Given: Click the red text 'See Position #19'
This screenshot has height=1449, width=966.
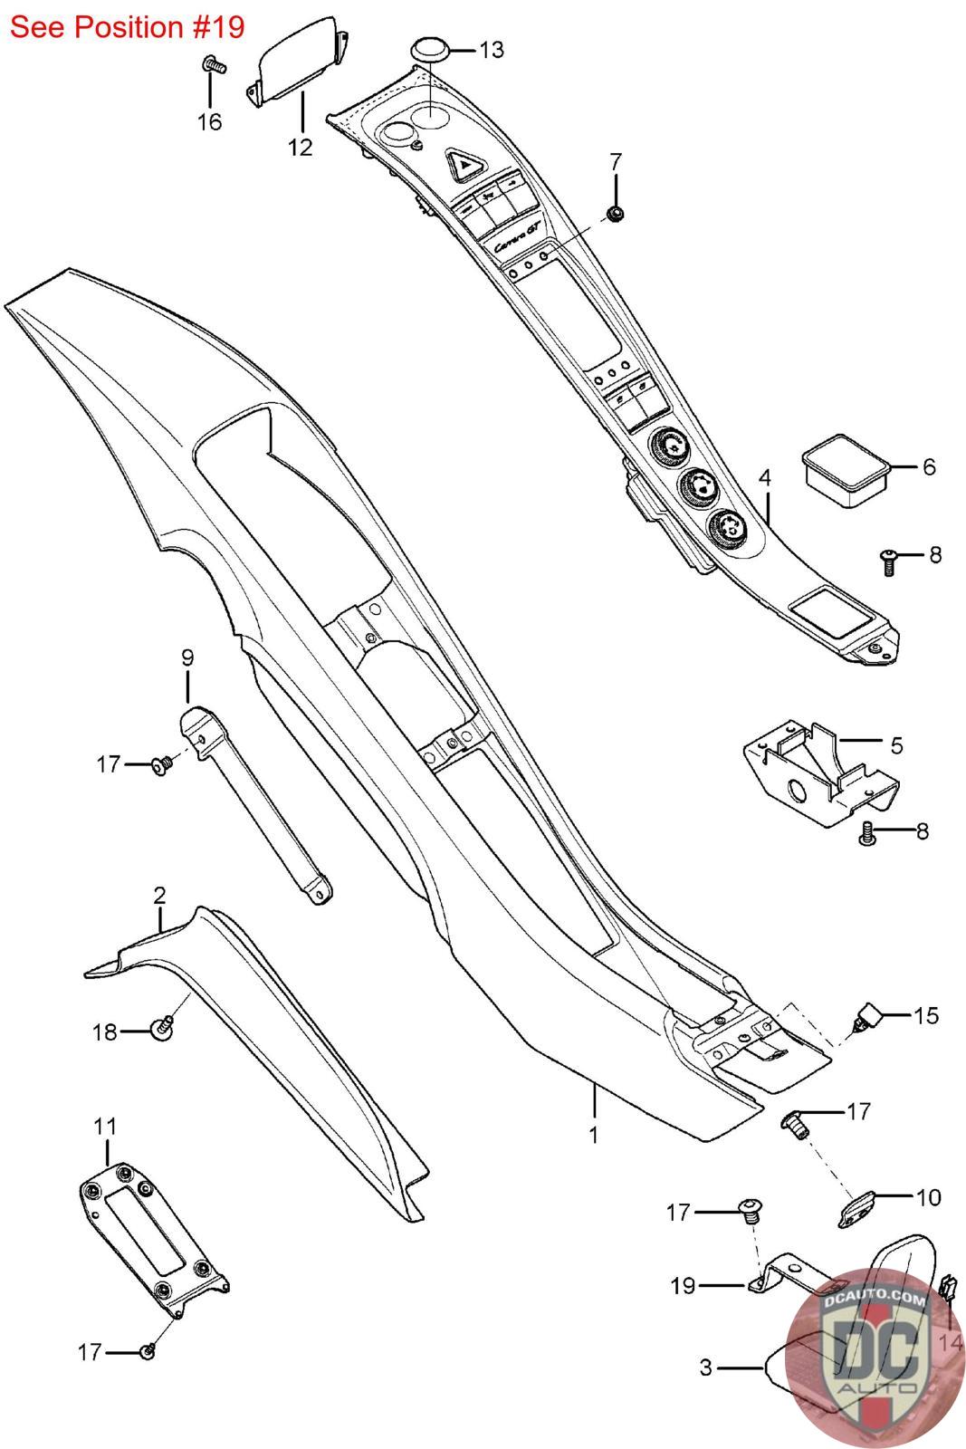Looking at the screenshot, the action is pyautogui.click(x=128, y=27).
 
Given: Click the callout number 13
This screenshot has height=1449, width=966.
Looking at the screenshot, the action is pyautogui.click(x=492, y=50).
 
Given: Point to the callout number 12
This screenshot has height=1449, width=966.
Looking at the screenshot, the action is pyautogui.click(x=300, y=148).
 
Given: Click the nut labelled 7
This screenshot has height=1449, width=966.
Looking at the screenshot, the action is pyautogui.click(x=615, y=213).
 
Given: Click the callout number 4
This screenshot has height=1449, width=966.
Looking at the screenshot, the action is pyautogui.click(x=765, y=479).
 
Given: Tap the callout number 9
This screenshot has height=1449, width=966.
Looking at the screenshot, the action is pyautogui.click(x=187, y=658).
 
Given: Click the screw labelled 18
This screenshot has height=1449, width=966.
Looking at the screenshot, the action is pyautogui.click(x=163, y=1027).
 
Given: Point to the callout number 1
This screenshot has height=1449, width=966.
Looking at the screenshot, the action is pyautogui.click(x=593, y=1135).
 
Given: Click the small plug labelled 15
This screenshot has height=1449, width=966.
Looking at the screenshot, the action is pyautogui.click(x=867, y=1017).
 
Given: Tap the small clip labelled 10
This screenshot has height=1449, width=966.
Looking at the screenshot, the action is pyautogui.click(x=856, y=1210).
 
